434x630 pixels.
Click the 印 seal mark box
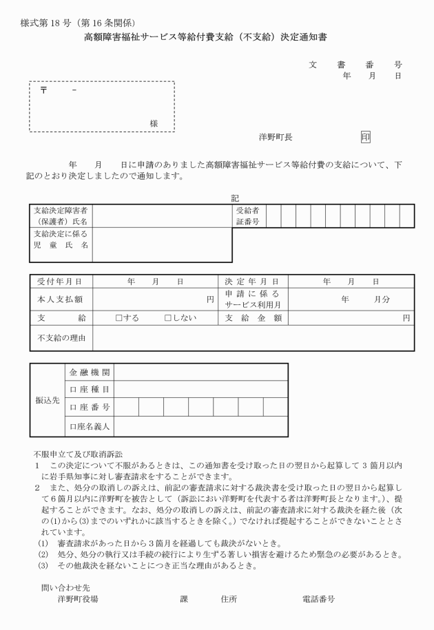coord(365,137)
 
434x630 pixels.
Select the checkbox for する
coord(119,318)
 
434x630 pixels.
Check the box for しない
coord(167,318)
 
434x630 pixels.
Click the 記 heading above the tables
coord(236,198)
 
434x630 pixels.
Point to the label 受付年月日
coord(60,282)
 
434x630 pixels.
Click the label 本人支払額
coord(60,300)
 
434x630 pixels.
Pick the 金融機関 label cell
coord(90,372)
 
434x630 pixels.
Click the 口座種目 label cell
coord(90,389)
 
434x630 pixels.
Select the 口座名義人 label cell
coord(90,427)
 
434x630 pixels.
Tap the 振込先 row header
coord(47,399)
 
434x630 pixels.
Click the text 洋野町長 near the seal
coord(276,138)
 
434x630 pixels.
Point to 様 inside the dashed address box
coord(154,123)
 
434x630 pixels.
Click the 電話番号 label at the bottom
coord(319,599)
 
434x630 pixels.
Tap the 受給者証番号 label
coord(247,216)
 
